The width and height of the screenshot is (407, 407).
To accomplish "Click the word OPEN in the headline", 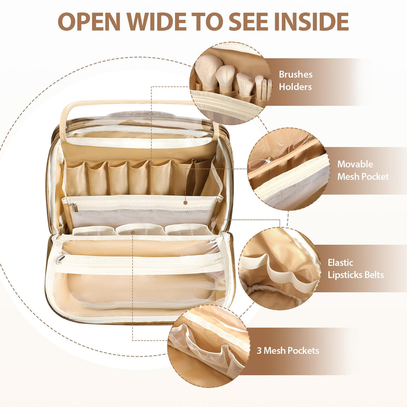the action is pos(89,21).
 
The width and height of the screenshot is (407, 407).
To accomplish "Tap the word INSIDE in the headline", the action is pos(311,21).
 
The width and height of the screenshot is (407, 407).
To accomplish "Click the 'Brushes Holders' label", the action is pos(295,81).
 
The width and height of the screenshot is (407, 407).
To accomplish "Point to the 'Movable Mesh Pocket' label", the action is pos(363,170).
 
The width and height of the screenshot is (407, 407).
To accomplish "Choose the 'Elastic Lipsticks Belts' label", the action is pos(356,269).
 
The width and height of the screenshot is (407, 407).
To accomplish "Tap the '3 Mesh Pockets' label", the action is pos(288,351).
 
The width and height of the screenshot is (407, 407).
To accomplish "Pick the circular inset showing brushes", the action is pos(230,83).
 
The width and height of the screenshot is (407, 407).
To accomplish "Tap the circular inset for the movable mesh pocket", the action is pos(289,169).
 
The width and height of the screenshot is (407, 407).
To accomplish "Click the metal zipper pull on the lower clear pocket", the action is pos(60,259).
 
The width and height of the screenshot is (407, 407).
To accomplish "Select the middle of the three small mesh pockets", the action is pos(140,229).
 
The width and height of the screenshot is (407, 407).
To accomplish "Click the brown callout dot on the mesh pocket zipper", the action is pos(185,202).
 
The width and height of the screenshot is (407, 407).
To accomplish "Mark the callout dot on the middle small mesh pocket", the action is pos(133,232).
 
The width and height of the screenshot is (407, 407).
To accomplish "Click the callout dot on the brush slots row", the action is pos(151,163).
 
